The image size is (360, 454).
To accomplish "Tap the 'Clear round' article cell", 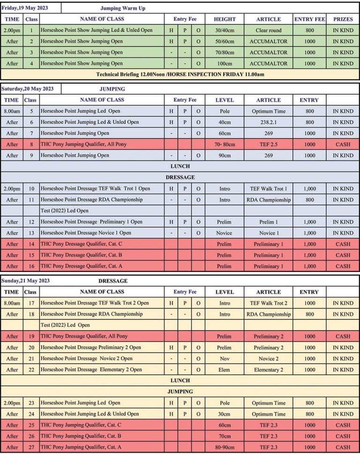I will tap(269, 30).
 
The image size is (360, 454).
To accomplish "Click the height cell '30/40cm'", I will tap(225, 30).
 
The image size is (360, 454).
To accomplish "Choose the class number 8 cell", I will tap(31, 144).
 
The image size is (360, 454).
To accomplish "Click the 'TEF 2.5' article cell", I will tap(269, 144).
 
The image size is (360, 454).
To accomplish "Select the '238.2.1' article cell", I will tap(269, 122).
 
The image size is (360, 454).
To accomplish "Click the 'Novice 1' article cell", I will tap(269, 233).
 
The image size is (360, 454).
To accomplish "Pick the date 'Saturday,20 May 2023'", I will tap(27, 88).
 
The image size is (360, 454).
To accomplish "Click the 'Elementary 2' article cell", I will tap(269, 370).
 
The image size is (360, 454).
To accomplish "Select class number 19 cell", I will tap(31, 336).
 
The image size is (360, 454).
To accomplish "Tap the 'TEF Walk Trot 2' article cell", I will tap(269, 303).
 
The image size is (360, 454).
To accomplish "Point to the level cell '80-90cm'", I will tap(225, 447).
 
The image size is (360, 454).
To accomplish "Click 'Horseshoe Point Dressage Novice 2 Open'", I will tap(87, 358).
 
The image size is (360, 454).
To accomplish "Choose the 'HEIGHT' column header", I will tap(225, 19).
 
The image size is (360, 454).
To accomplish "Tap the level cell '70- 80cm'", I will tap(225, 144).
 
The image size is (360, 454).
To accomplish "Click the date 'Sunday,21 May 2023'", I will tap(26, 280).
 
